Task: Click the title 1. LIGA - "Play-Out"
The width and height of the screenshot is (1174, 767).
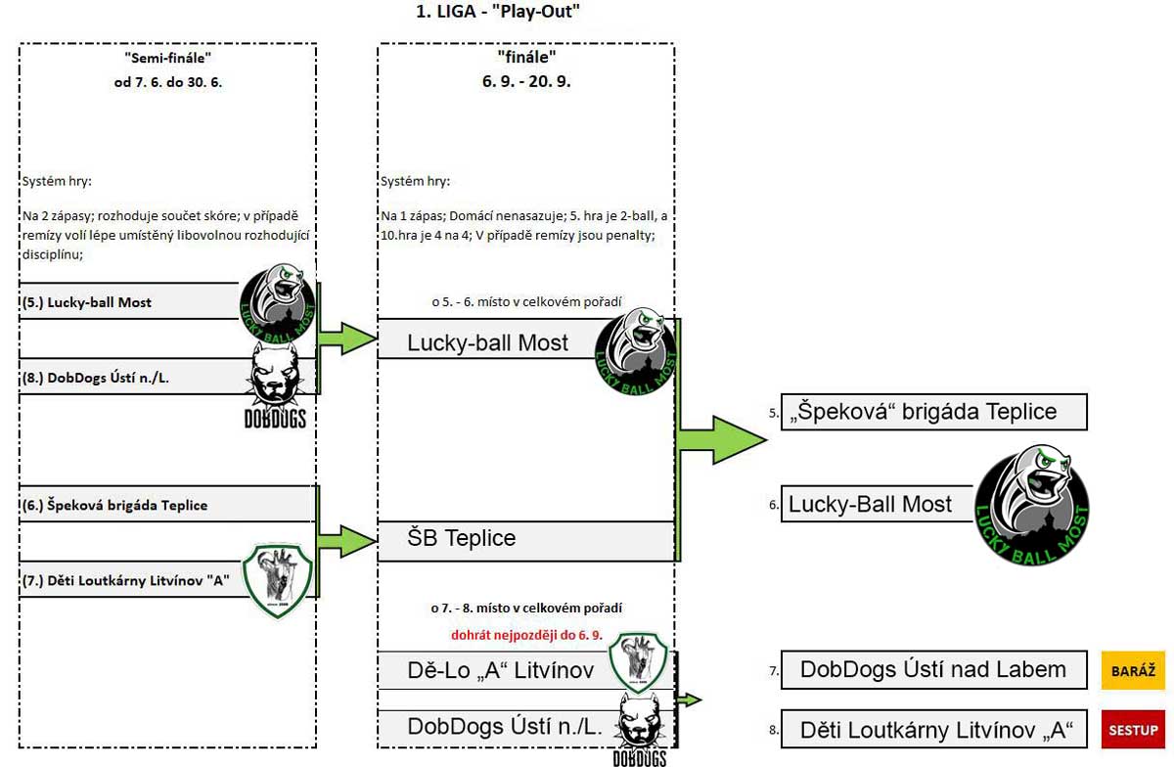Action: tap(497, 11)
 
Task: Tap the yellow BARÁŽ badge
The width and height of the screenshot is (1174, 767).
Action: tap(1133, 670)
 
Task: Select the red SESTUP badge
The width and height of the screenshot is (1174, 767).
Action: tap(1133, 729)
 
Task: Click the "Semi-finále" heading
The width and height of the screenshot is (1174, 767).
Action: tap(167, 58)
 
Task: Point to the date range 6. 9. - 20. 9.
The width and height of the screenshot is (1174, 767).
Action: tap(526, 81)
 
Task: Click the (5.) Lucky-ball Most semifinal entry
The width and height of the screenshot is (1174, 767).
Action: tap(87, 302)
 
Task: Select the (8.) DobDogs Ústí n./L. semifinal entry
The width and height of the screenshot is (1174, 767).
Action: tap(96, 378)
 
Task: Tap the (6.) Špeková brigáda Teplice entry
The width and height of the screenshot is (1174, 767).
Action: tap(114, 506)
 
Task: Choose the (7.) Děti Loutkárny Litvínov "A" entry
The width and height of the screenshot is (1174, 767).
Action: tap(126, 580)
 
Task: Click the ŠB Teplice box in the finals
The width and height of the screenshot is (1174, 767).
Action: tap(525, 541)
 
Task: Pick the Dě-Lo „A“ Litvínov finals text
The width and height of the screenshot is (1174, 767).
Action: tap(501, 670)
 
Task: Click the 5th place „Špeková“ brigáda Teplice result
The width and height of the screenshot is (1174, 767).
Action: tap(934, 412)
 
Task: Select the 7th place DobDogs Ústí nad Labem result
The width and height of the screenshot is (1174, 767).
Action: tap(934, 670)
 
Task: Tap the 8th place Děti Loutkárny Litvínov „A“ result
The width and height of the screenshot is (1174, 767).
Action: tap(934, 729)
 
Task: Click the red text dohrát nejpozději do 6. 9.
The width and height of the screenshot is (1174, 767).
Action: tap(526, 635)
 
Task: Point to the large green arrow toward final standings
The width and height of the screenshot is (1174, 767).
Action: tap(723, 440)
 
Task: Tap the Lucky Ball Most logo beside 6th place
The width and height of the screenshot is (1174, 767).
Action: tap(1032, 506)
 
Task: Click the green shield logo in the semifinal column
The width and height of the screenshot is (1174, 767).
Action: tap(278, 580)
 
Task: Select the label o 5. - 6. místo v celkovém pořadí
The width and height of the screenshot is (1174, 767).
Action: tap(526, 302)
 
